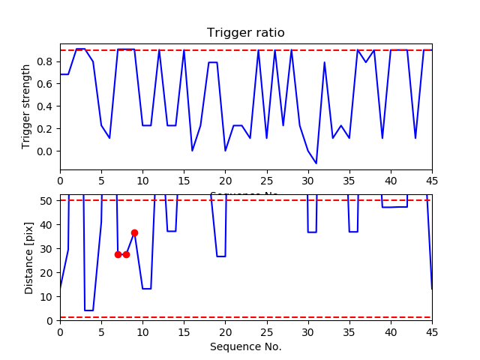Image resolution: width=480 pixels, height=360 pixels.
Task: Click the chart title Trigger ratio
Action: click(x=245, y=33)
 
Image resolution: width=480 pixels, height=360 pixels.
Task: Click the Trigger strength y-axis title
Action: click(x=26, y=106)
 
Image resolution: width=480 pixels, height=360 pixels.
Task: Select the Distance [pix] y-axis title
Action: click(x=29, y=257)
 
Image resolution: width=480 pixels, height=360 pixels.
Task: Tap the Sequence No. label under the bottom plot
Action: click(x=245, y=346)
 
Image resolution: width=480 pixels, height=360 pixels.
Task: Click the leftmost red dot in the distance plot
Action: click(x=118, y=254)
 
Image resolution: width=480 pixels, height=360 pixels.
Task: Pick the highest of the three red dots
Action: click(x=134, y=232)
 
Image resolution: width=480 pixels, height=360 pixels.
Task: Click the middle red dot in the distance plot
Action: click(x=126, y=254)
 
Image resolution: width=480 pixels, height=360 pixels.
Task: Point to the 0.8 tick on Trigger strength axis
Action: click(x=46, y=61)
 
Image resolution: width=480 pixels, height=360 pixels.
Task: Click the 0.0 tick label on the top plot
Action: click(x=46, y=151)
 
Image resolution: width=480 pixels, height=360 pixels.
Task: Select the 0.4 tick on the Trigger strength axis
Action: click(x=46, y=106)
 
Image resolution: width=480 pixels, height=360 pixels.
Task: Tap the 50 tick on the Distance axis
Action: click(x=47, y=200)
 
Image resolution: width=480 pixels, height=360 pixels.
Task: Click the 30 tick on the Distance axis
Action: click(x=47, y=248)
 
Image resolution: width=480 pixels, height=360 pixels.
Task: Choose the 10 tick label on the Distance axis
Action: click(x=47, y=296)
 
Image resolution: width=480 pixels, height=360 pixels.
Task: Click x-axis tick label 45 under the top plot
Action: click(x=431, y=180)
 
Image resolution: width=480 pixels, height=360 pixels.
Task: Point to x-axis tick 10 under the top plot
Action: click(x=142, y=180)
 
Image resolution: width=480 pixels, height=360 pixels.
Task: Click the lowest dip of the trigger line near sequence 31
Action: click(x=316, y=163)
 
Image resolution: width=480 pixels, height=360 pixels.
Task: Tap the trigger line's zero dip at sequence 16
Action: click(x=192, y=151)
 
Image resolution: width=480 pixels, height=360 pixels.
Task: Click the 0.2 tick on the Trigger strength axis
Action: click(x=46, y=128)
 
